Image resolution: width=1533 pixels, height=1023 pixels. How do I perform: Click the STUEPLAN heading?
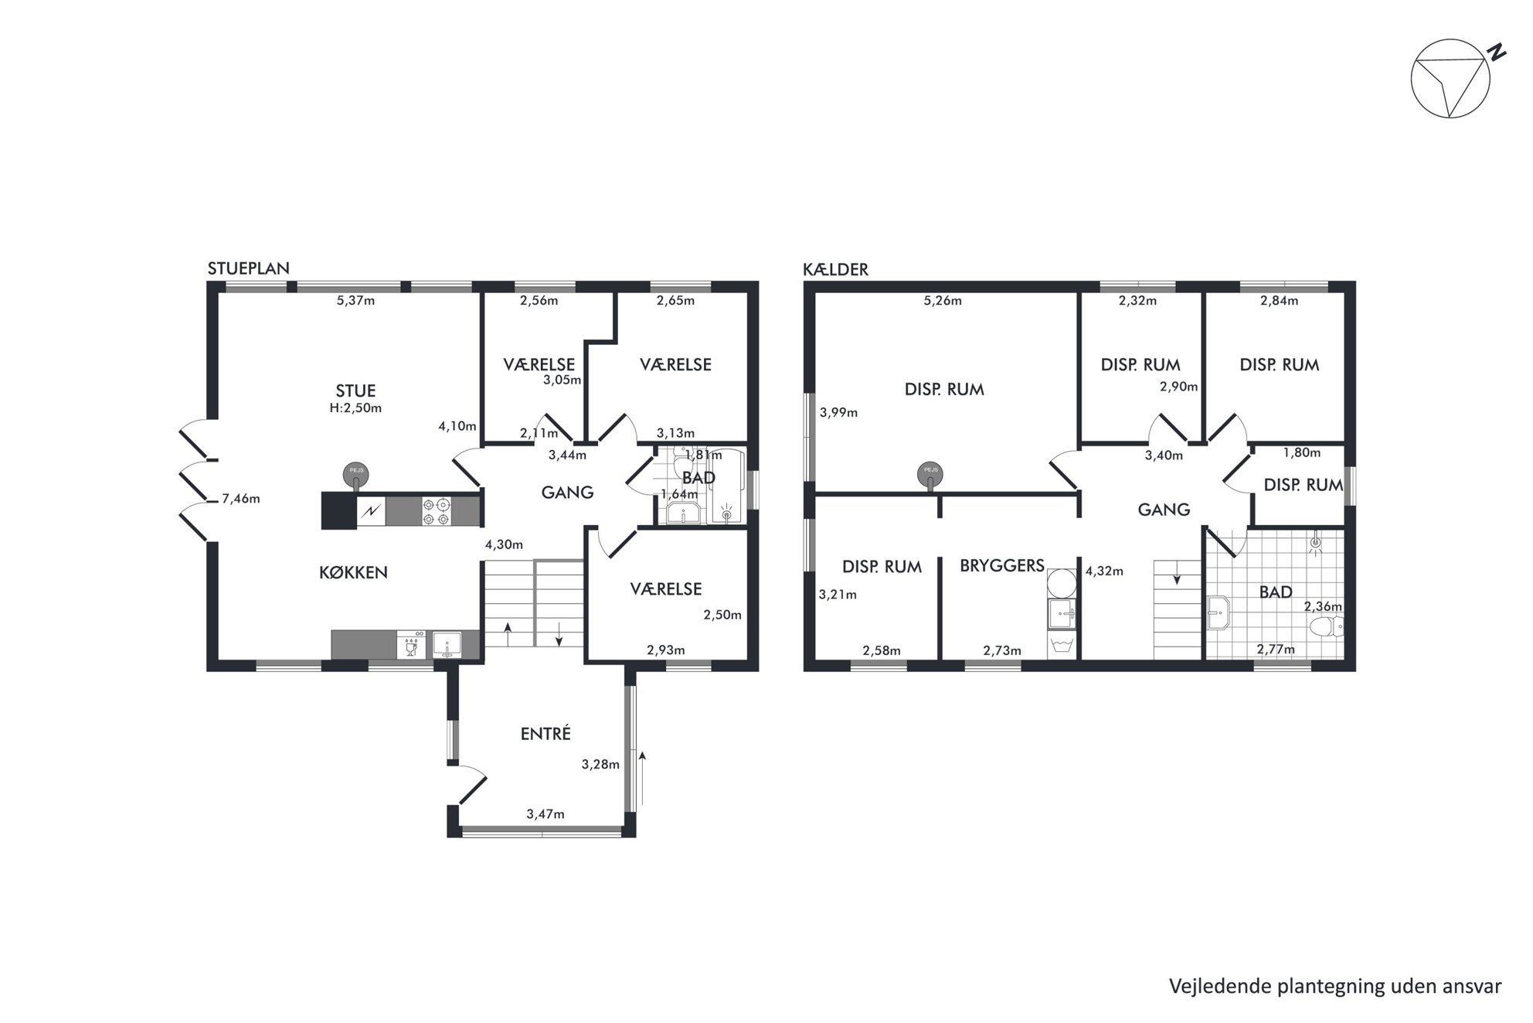pyautogui.click(x=248, y=268)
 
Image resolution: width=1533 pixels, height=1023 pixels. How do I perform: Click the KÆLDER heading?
pyautogui.click(x=835, y=269)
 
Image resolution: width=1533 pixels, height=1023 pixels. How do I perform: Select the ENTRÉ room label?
pyautogui.click(x=546, y=733)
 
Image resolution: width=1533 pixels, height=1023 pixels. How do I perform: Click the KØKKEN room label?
pyautogui.click(x=353, y=572)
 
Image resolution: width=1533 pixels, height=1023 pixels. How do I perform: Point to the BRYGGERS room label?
pyautogui.click(x=1002, y=565)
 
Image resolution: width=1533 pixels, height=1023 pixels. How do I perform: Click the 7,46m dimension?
pyautogui.click(x=241, y=499)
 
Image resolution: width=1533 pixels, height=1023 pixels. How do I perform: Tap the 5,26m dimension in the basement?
pyautogui.click(x=943, y=301)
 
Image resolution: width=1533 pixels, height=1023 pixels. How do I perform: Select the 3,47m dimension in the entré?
pyautogui.click(x=546, y=813)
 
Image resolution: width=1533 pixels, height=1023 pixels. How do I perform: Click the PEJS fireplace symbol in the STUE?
pyautogui.click(x=356, y=474)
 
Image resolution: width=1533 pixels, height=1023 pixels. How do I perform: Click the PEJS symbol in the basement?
pyautogui.click(x=930, y=473)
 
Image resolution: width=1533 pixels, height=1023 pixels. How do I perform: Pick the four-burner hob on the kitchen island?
pyautogui.click(x=436, y=511)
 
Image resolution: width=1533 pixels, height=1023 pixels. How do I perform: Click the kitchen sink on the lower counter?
pyautogui.click(x=447, y=644)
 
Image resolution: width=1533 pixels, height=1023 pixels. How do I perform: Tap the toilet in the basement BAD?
pyautogui.click(x=1328, y=625)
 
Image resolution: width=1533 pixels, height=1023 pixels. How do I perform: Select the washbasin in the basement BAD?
pyautogui.click(x=1219, y=614)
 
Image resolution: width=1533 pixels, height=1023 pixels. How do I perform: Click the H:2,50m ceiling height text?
pyautogui.click(x=355, y=407)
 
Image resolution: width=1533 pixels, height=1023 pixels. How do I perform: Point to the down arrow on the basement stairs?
pyautogui.click(x=1177, y=575)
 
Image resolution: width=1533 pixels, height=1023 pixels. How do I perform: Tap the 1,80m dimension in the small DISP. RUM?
pyautogui.click(x=1302, y=452)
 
